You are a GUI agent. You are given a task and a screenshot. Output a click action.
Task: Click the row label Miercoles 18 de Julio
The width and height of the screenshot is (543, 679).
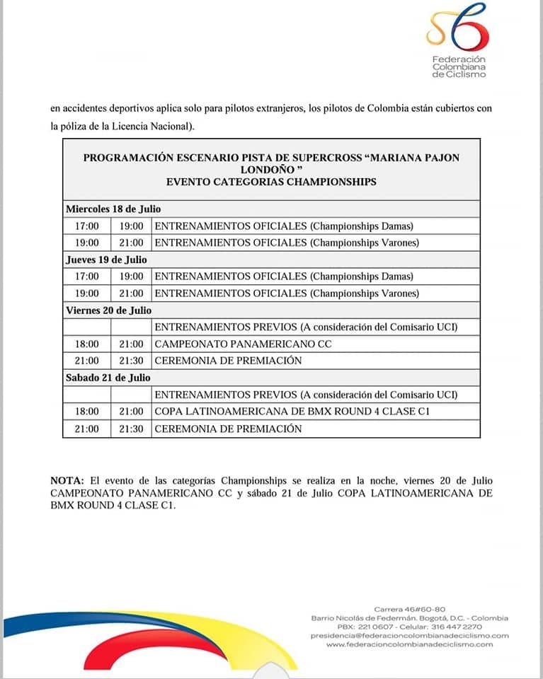click(x=113, y=209)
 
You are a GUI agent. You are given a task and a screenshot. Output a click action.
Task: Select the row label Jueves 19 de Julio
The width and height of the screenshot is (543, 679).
click(x=106, y=260)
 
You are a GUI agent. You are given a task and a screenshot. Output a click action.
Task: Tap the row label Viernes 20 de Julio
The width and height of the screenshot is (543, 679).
click(x=108, y=310)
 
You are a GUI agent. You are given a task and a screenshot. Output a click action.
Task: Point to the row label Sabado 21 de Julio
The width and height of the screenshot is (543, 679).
click(x=108, y=378)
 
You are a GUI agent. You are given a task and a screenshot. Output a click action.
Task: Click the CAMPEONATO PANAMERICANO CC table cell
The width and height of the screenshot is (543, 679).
click(x=243, y=344)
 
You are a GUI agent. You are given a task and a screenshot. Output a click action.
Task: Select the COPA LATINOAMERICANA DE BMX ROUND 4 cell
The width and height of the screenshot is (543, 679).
click(x=292, y=412)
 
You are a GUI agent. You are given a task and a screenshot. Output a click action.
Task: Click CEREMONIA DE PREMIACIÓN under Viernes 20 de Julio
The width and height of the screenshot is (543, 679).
click(x=228, y=361)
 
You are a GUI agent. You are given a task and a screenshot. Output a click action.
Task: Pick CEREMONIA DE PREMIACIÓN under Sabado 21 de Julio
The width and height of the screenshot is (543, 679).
click(x=228, y=429)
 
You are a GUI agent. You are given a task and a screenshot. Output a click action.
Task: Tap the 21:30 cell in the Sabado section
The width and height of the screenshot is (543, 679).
click(x=131, y=429)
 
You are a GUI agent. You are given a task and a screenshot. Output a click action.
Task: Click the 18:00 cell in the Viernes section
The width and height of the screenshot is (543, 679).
click(x=86, y=344)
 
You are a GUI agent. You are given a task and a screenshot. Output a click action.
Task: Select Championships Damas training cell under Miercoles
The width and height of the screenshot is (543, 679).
click(x=284, y=226)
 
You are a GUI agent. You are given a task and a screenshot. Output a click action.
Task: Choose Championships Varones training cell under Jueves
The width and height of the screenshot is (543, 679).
click(x=287, y=293)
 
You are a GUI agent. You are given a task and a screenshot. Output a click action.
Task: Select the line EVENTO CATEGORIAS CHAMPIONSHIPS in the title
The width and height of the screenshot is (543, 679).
click(x=271, y=182)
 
